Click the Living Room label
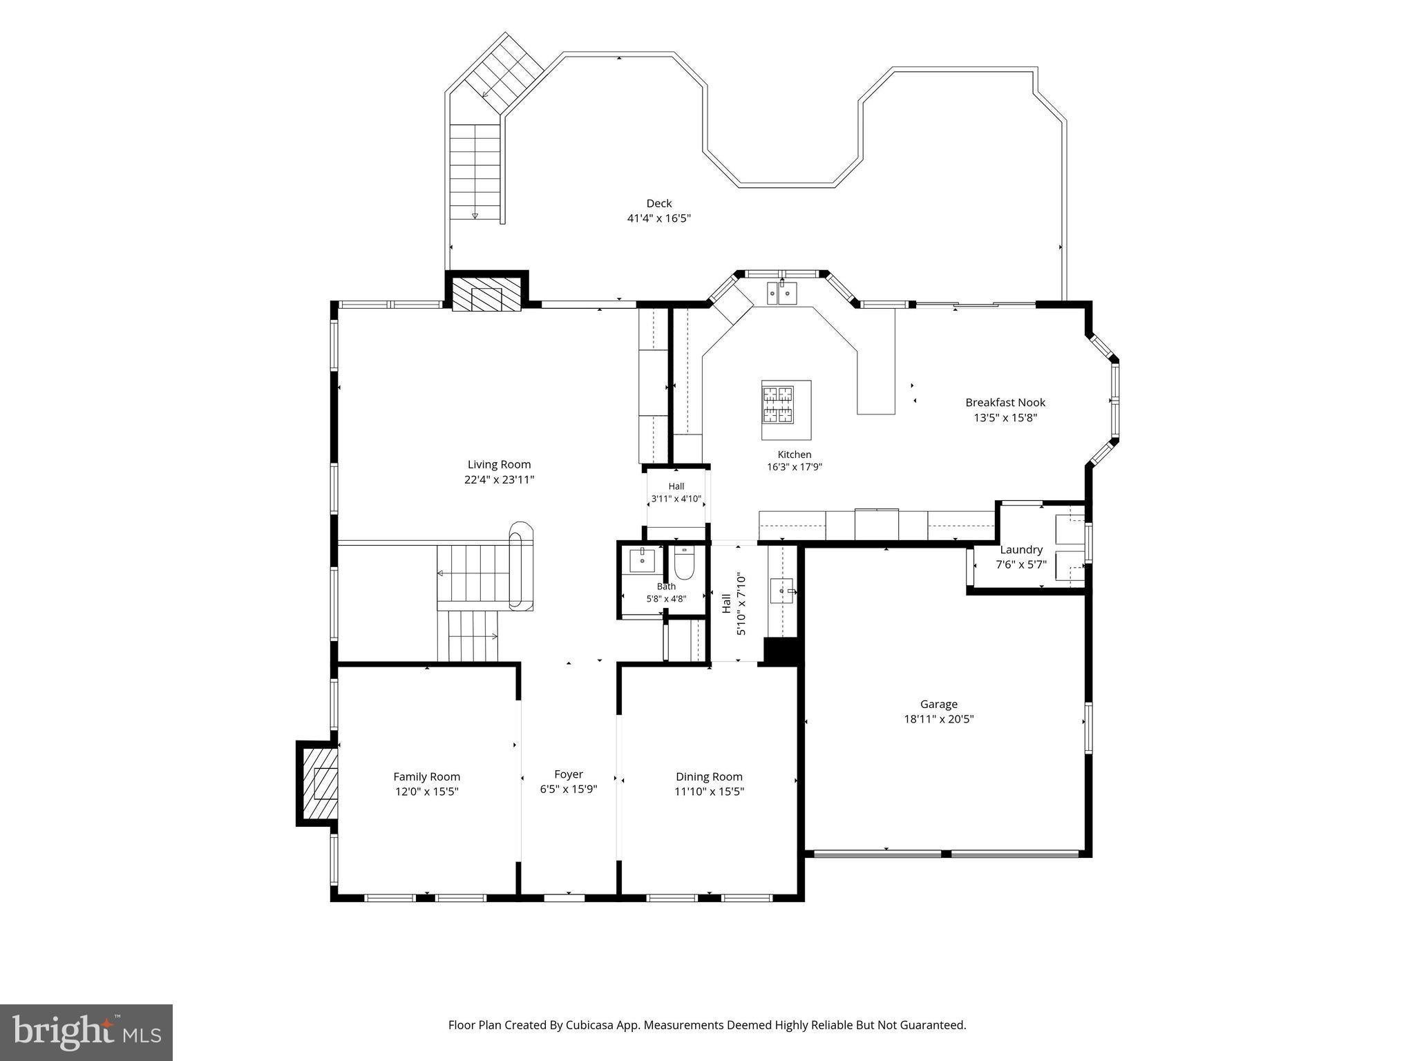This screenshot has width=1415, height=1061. coord(499,464)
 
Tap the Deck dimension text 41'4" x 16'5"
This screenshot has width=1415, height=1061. coord(658,218)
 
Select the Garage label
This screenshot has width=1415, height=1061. coord(938,705)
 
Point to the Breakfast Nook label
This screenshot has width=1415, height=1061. coord(1005,402)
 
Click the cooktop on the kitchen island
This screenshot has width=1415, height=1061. coord(778,405)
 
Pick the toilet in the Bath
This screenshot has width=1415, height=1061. coord(684,564)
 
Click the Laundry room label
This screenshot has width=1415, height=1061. coord(1021,550)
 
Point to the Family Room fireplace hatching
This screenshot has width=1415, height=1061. coord(319,783)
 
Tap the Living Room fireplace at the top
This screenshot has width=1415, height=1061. coord(486,294)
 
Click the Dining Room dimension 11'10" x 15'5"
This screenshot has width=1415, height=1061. coord(709,792)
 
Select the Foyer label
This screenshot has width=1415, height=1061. coord(569,774)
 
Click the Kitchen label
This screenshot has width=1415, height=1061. coord(795,455)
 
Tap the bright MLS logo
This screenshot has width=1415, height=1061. coord(86,1033)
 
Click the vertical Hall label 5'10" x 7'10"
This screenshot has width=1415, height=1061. coord(734,603)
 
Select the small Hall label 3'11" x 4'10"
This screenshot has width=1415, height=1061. coord(676,493)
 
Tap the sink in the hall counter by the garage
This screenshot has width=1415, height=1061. coord(783,592)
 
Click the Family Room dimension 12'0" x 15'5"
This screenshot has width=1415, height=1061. coord(427,792)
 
